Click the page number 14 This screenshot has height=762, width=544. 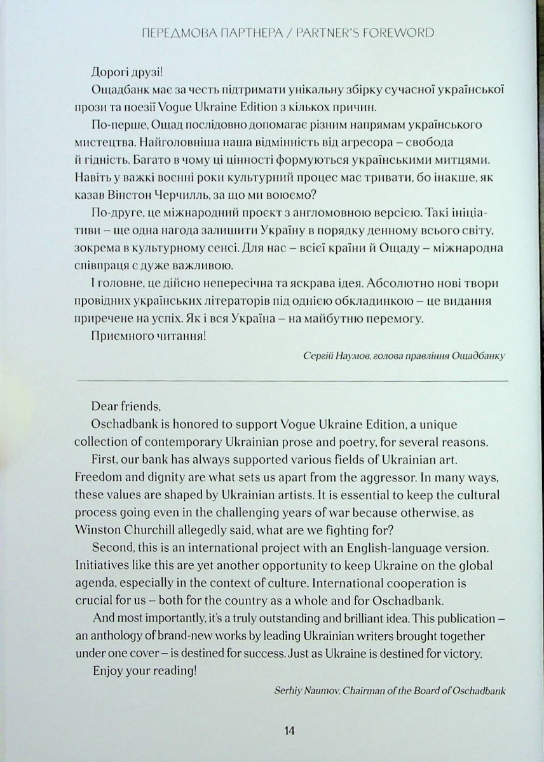[289, 730]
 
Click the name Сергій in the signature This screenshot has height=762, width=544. [319, 357]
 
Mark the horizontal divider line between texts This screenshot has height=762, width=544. [292, 379]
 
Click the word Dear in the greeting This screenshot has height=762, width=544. [104, 406]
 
